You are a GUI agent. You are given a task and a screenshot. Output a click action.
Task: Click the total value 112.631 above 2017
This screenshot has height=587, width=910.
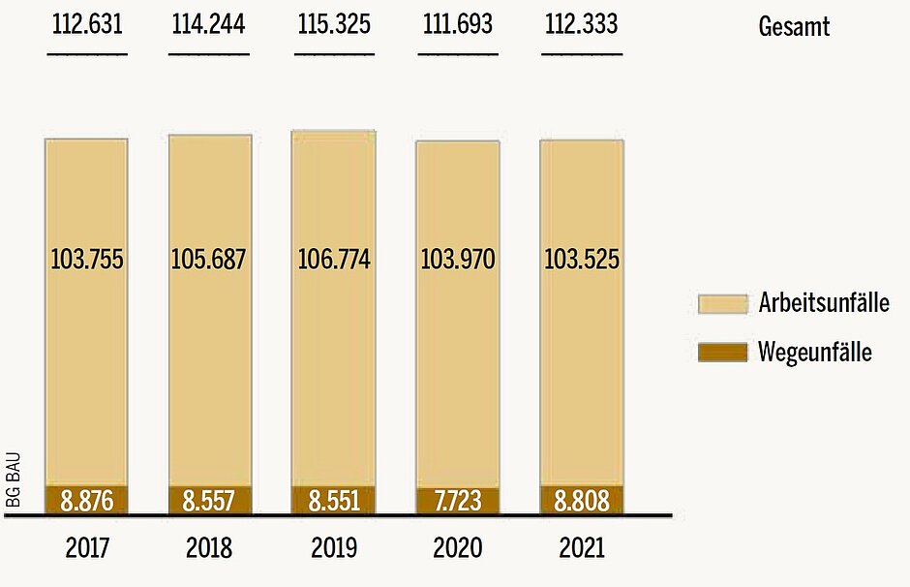click(x=86, y=24)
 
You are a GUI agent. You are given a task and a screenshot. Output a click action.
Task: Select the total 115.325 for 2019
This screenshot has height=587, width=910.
click(x=334, y=24)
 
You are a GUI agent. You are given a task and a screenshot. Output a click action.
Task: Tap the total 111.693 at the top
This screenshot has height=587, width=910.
click(x=457, y=24)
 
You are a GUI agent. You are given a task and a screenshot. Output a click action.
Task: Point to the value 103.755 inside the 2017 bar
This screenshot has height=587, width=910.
click(x=86, y=260)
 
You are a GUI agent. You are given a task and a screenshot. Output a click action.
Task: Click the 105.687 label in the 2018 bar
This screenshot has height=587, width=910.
click(x=209, y=260)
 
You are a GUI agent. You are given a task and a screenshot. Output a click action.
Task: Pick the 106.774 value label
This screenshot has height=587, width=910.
click(x=334, y=260)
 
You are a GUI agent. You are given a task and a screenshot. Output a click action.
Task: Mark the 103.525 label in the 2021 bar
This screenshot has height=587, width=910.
click(x=582, y=260)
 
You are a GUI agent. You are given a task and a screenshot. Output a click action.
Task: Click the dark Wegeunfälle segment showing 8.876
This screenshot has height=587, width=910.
click(x=86, y=501)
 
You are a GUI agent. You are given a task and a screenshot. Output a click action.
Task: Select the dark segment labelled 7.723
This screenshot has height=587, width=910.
click(x=457, y=502)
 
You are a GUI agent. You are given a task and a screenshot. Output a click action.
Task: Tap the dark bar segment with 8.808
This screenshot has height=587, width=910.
click(x=582, y=501)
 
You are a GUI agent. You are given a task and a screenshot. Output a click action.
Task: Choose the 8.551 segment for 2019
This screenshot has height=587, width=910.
click(x=334, y=501)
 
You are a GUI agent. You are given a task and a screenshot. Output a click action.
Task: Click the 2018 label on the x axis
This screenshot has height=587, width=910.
click(x=209, y=548)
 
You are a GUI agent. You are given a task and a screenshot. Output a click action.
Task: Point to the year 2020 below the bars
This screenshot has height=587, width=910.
click(x=457, y=548)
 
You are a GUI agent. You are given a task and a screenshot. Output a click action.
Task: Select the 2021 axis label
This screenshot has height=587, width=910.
click(x=582, y=548)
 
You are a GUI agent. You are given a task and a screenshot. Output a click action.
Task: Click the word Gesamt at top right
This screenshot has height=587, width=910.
click(x=794, y=26)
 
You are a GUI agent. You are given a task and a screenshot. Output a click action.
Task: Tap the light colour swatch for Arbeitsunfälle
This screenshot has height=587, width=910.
click(x=722, y=304)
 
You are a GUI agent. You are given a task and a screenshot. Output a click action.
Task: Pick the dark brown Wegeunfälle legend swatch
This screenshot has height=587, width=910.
click(x=722, y=352)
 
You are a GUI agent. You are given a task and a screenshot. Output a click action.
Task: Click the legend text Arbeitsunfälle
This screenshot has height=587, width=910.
click(x=824, y=304)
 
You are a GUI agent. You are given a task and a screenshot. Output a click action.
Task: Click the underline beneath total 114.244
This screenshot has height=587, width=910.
click(x=209, y=52)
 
